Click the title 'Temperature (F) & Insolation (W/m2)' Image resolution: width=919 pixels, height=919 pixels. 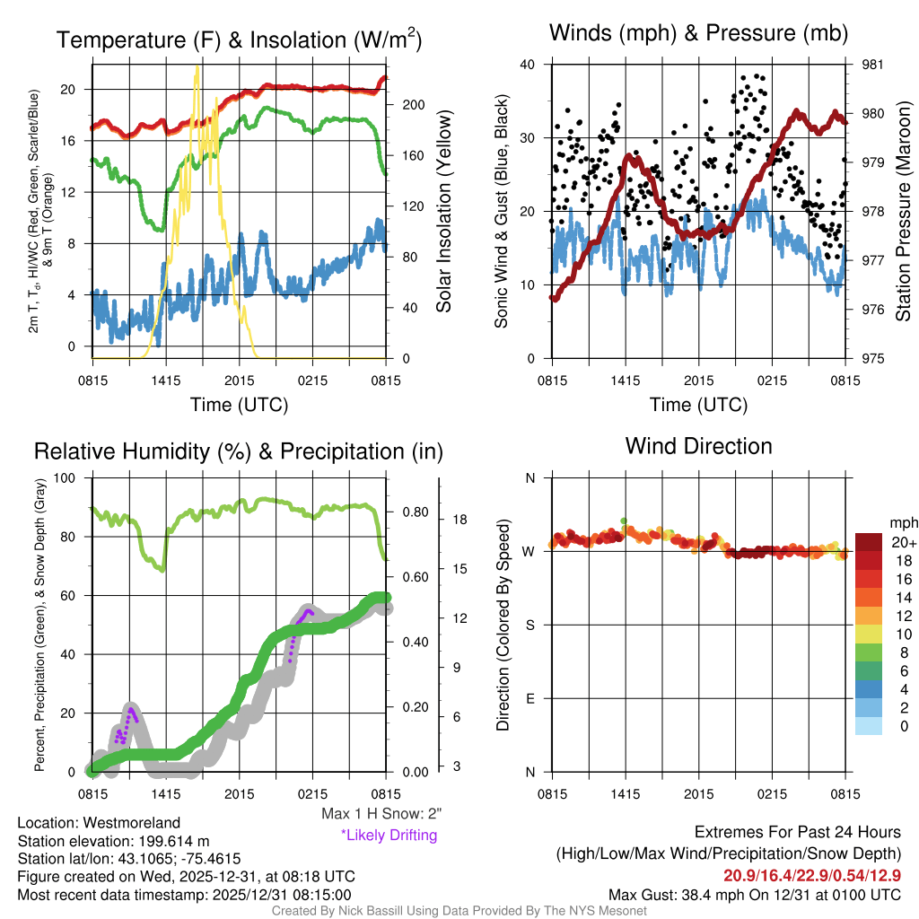click(239, 39)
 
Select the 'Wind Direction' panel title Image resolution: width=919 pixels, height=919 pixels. click(698, 445)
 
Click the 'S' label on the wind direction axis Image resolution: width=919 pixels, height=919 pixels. click(530, 625)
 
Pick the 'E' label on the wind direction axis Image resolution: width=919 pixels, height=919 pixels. click(530, 698)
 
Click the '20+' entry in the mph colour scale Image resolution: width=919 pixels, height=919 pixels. click(903, 542)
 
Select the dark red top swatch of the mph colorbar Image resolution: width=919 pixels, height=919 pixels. click(869, 542)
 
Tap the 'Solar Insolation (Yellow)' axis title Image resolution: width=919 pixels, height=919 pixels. click(443, 212)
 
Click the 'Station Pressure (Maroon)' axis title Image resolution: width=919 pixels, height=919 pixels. click(904, 212)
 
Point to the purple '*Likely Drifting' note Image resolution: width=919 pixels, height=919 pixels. click(389, 836)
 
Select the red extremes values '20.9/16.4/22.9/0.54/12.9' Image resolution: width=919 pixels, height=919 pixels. click(812, 875)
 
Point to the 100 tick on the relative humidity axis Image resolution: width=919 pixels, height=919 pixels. click(69, 477)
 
